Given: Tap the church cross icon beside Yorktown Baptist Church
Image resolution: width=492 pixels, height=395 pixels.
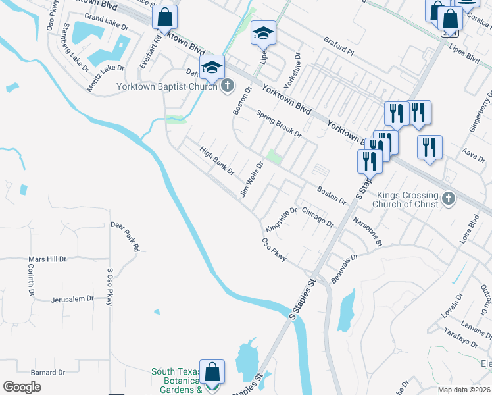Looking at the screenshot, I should [x=228, y=86].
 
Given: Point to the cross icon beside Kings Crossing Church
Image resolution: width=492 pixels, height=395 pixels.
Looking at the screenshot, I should [x=449, y=199].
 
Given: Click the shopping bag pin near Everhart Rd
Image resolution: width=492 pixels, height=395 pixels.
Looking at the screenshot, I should [x=165, y=18].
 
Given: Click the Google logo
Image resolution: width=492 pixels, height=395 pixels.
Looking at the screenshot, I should [x=22, y=386].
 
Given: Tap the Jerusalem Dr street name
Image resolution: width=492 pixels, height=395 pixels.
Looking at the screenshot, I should [x=72, y=299].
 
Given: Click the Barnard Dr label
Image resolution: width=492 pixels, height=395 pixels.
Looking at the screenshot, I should [x=48, y=372].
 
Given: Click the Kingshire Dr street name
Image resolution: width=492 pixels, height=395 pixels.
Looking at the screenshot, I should [x=282, y=220].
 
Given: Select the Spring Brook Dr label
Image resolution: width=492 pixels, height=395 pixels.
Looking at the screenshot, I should [x=278, y=124].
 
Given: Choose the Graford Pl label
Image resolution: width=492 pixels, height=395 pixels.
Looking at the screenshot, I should [x=338, y=45].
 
